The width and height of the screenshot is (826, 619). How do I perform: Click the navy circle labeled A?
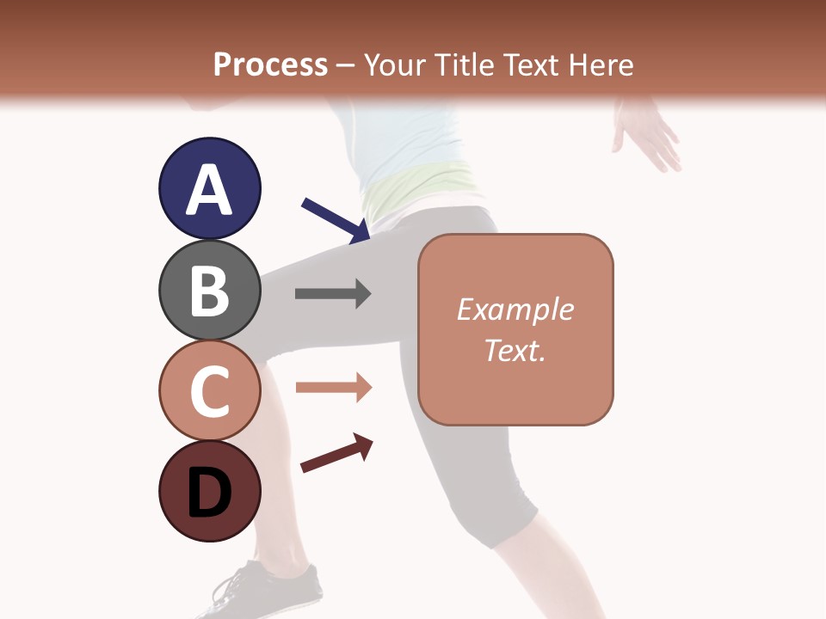(x=209, y=188)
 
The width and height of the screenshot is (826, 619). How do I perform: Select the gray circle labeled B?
(x=209, y=290)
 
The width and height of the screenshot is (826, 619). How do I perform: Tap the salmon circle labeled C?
(x=209, y=390)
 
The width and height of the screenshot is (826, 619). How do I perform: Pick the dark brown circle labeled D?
(x=209, y=491)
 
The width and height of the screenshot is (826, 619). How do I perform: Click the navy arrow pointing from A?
(x=336, y=220)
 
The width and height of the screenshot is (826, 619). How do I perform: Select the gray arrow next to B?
(x=333, y=294)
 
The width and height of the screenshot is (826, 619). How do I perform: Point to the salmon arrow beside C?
(x=333, y=388)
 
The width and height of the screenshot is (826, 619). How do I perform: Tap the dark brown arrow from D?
(x=336, y=453)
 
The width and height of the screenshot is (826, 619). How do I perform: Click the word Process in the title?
(x=270, y=64)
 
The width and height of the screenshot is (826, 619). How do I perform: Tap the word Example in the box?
(x=515, y=309)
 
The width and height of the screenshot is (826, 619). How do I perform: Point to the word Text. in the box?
(x=515, y=350)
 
